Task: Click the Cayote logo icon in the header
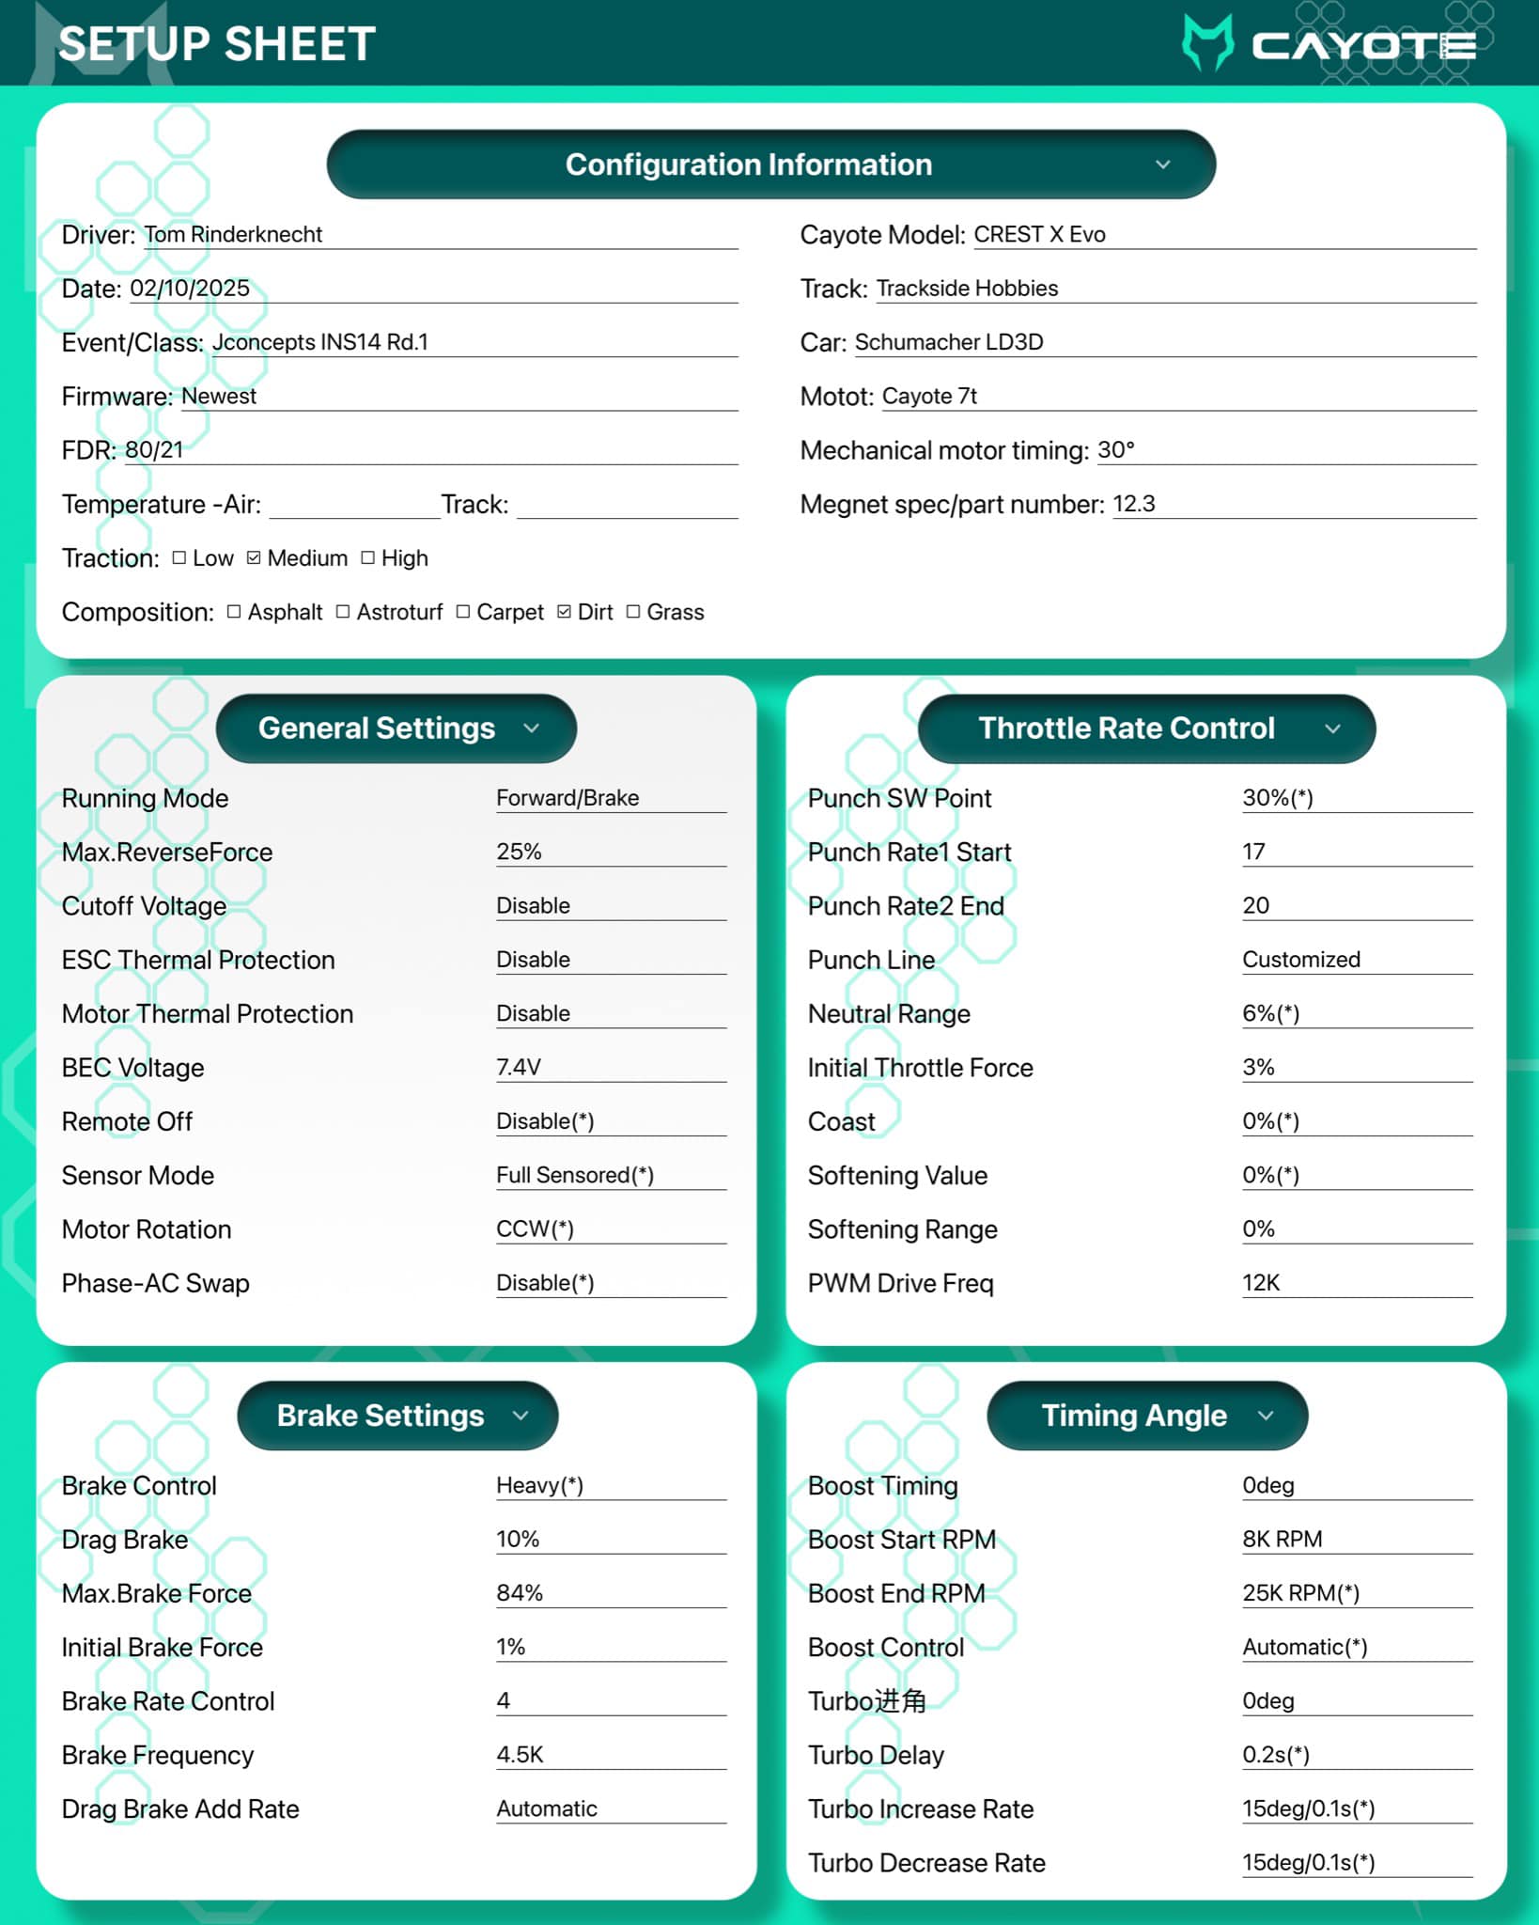click(x=1207, y=43)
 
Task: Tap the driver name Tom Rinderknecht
click(x=233, y=234)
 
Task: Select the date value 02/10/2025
click(x=190, y=288)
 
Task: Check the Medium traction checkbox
click(x=254, y=558)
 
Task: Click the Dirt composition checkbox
click(x=564, y=612)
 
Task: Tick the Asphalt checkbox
click(x=234, y=612)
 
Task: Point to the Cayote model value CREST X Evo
click(x=1039, y=234)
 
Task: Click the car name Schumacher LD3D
click(x=949, y=342)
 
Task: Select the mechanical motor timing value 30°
click(x=1116, y=450)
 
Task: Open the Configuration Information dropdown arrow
click(x=1162, y=164)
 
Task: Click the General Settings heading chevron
click(x=532, y=728)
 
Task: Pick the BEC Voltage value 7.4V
click(x=519, y=1067)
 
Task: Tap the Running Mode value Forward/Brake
click(x=567, y=798)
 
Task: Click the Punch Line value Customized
click(x=1301, y=960)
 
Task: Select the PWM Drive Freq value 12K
click(x=1261, y=1283)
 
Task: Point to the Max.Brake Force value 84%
click(x=520, y=1593)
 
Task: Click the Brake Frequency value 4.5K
click(x=520, y=1755)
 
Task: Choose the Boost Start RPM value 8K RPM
click(x=1282, y=1539)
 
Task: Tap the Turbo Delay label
click(x=876, y=1755)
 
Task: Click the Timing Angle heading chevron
click(x=1266, y=1416)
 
